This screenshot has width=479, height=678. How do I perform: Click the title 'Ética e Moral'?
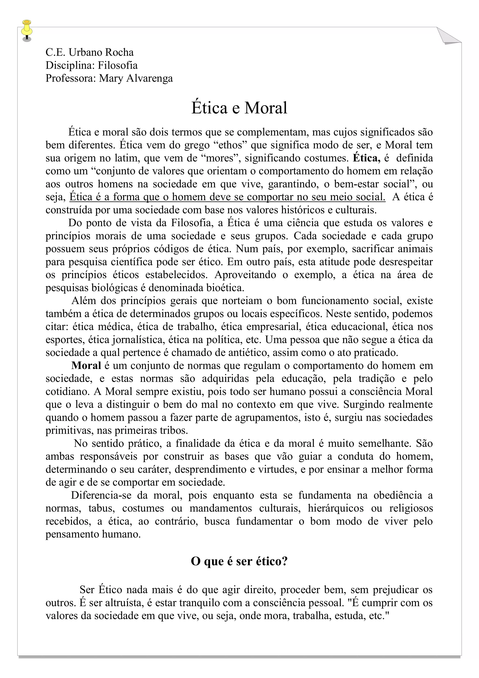pos(239,108)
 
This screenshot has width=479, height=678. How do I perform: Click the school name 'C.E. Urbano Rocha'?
pos(90,52)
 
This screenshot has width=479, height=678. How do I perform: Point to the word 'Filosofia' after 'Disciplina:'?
pos(118,65)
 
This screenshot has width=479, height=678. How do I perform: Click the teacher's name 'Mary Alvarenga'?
pos(136,78)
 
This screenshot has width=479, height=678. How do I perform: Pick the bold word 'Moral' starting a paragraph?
pos(86,365)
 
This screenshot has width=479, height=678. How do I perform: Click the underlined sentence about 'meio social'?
pos(227,197)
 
